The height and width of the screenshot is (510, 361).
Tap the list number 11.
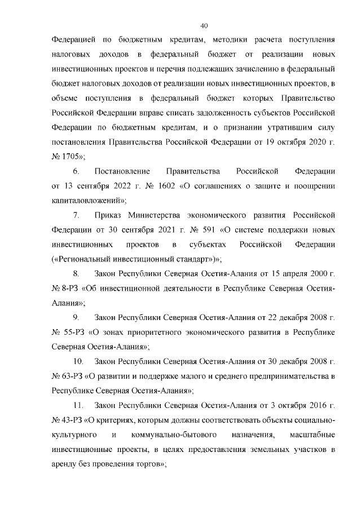click(79, 406)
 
